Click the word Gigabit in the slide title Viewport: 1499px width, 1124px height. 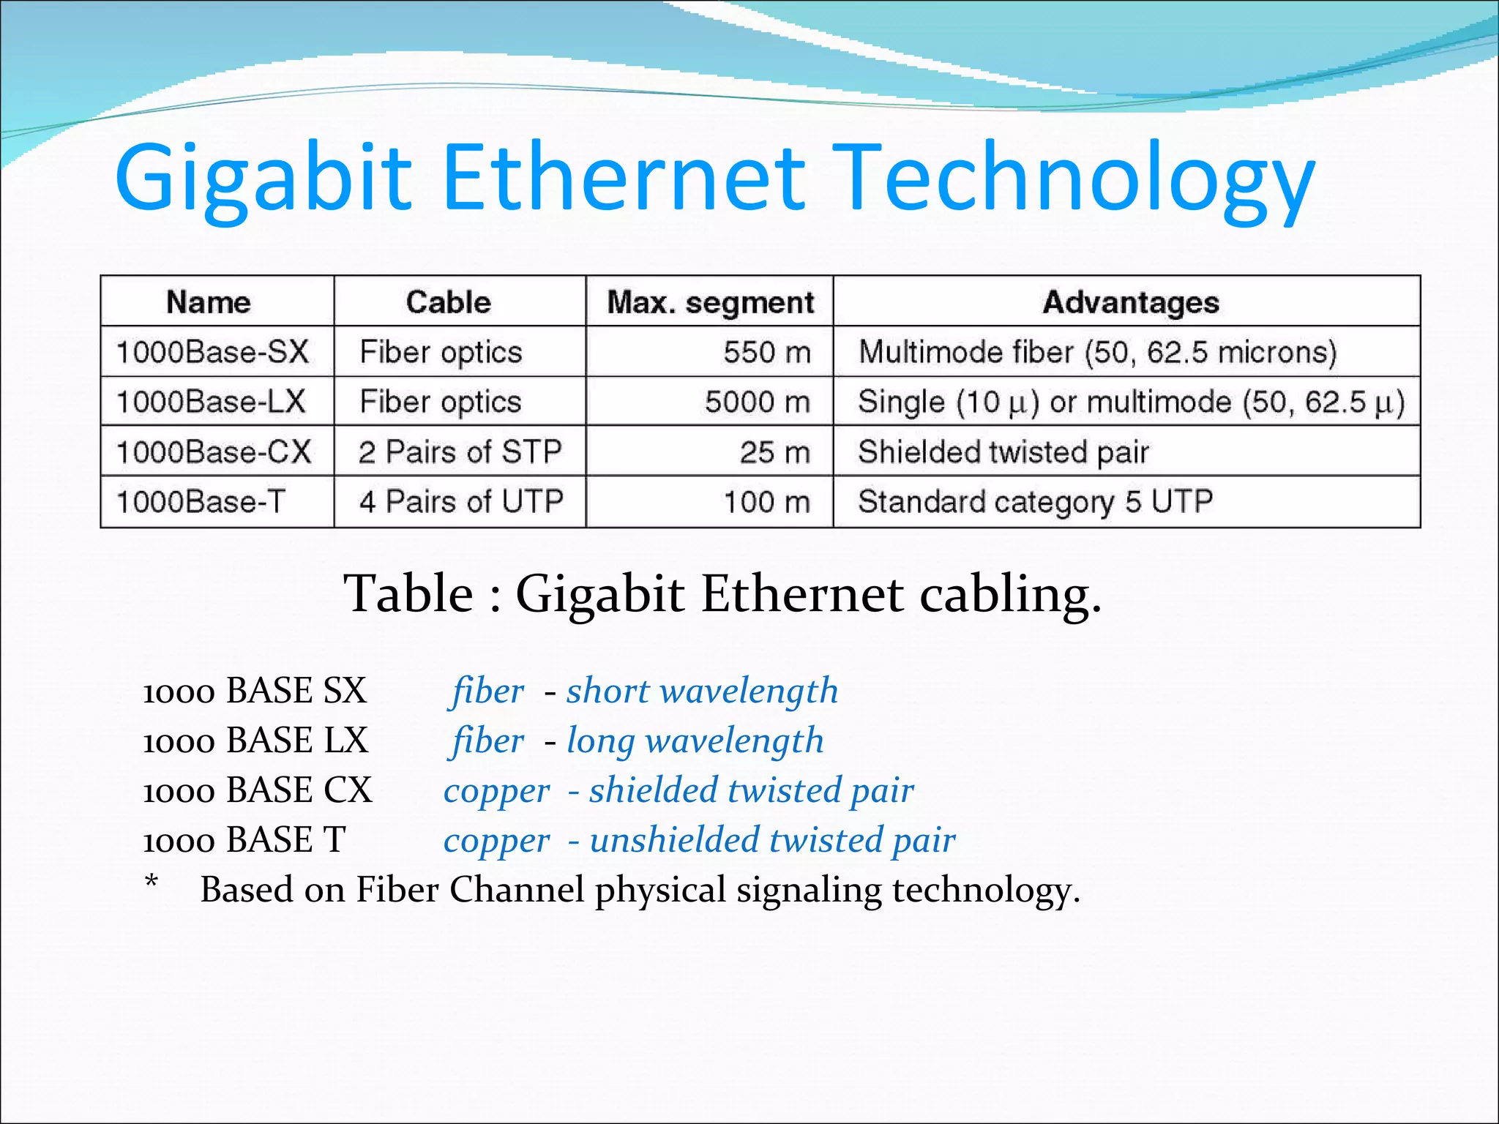click(x=263, y=179)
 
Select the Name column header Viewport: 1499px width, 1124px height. click(x=209, y=302)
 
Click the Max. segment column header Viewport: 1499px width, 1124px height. click(x=710, y=302)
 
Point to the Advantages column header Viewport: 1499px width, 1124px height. click(x=1131, y=302)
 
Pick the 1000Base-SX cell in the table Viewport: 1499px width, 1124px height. click(x=213, y=352)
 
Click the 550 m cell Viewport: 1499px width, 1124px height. click(x=767, y=352)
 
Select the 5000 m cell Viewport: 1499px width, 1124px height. click(x=758, y=402)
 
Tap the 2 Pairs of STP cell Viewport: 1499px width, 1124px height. click(x=460, y=452)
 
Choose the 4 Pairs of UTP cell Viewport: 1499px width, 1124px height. click(x=461, y=502)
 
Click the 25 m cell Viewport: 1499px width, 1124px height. click(x=774, y=452)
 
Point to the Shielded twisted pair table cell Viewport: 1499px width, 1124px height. click(x=1003, y=452)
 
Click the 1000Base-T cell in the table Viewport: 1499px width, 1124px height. click(x=201, y=502)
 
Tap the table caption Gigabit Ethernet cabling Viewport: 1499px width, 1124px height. click(x=808, y=593)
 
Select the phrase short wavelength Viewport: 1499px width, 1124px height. click(x=702, y=691)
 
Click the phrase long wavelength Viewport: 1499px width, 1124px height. click(x=695, y=741)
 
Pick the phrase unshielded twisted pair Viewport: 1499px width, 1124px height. click(x=772, y=840)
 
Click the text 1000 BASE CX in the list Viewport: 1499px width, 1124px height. click(x=257, y=790)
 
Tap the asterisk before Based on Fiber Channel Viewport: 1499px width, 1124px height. click(x=152, y=882)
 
